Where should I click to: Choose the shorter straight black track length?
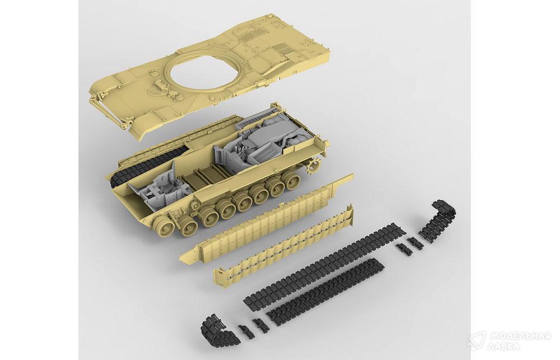click(x=325, y=289)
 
